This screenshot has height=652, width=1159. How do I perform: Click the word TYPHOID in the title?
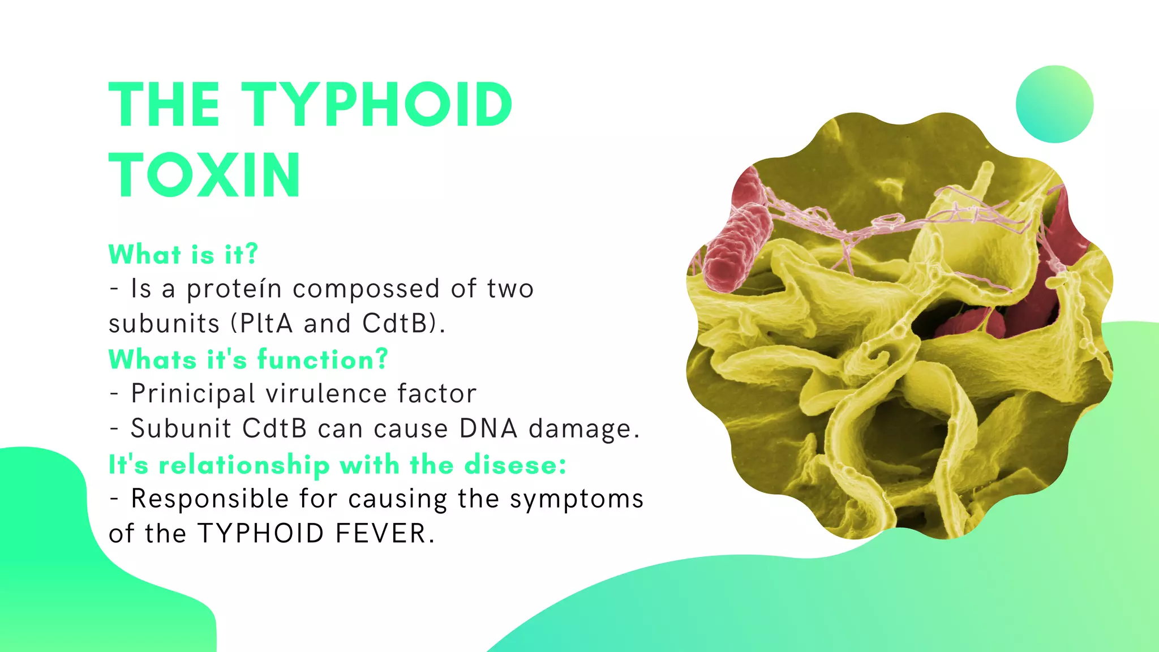click(x=377, y=105)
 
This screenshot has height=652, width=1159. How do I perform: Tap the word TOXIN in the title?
click(x=204, y=175)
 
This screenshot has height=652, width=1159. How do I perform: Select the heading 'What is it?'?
click(x=183, y=254)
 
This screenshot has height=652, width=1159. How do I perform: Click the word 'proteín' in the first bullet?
click(x=234, y=289)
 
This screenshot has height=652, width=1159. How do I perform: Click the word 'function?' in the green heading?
click(x=323, y=359)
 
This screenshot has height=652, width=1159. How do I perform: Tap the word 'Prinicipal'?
click(x=193, y=394)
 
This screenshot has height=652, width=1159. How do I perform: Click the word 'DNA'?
click(x=488, y=428)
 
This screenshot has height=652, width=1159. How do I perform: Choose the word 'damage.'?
click(x=584, y=430)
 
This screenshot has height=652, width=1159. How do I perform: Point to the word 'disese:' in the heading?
click(x=515, y=465)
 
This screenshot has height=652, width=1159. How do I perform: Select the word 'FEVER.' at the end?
click(x=385, y=534)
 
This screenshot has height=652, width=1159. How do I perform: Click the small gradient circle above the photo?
click(x=1054, y=104)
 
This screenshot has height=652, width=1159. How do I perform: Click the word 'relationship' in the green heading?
click(x=244, y=465)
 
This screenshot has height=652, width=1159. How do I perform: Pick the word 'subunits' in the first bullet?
click(x=164, y=324)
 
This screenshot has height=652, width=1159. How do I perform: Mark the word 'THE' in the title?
click(x=164, y=105)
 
